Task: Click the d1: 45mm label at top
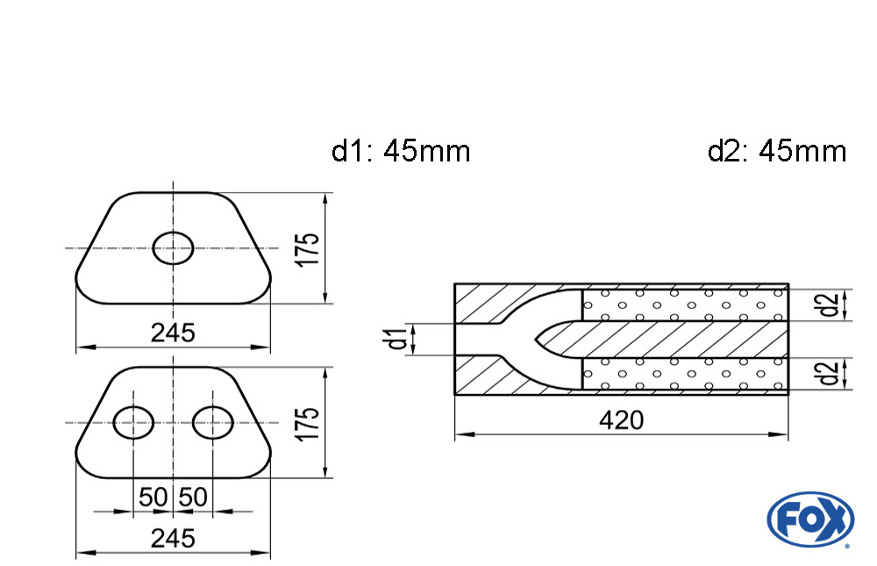pyautogui.click(x=401, y=151)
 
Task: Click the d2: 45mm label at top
pyautogui.click(x=777, y=151)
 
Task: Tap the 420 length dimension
pyautogui.click(x=621, y=420)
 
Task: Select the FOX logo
pyautogui.click(x=809, y=518)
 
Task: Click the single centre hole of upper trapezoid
pyautogui.click(x=174, y=248)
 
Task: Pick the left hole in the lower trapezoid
pyautogui.click(x=134, y=422)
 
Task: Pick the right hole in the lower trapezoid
pyautogui.click(x=213, y=422)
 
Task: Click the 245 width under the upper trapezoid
pyautogui.click(x=173, y=333)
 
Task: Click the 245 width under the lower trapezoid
pyautogui.click(x=173, y=538)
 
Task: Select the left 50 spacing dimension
pyautogui.click(x=153, y=498)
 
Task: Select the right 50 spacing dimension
pyautogui.click(x=193, y=498)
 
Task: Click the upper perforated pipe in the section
pyautogui.click(x=684, y=304)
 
